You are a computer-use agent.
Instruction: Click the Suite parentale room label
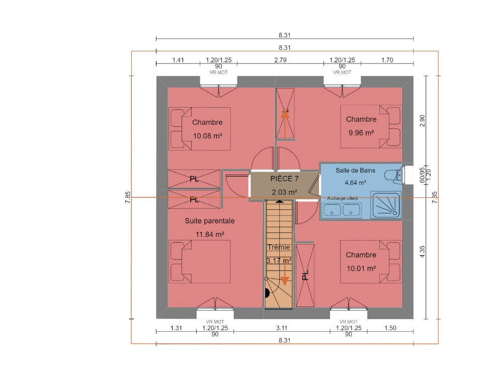coord(209,221)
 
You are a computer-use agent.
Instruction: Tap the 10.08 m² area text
coord(208,136)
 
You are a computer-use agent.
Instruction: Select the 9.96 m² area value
coord(361,133)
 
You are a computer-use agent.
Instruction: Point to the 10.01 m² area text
coord(361,268)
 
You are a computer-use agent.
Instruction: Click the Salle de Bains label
coord(355,170)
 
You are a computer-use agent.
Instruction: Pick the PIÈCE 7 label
coord(284,179)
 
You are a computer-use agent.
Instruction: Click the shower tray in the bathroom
coord(386,205)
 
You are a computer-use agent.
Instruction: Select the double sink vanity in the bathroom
coord(342,211)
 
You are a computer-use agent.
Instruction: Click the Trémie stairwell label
coord(279,247)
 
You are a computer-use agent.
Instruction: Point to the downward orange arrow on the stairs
coord(285,270)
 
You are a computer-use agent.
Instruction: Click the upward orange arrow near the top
coord(285,124)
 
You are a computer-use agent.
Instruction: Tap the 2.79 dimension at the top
coord(280,60)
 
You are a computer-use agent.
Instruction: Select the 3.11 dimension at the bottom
coord(282,328)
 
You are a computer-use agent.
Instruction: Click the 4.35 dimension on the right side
coord(422,252)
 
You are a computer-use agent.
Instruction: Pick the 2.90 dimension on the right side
coord(422,121)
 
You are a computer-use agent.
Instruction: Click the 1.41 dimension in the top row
coord(178,60)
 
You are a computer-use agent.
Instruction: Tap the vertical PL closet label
coord(305,275)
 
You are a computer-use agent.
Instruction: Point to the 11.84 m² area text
coord(210,235)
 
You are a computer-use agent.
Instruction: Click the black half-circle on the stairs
coord(267,293)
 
